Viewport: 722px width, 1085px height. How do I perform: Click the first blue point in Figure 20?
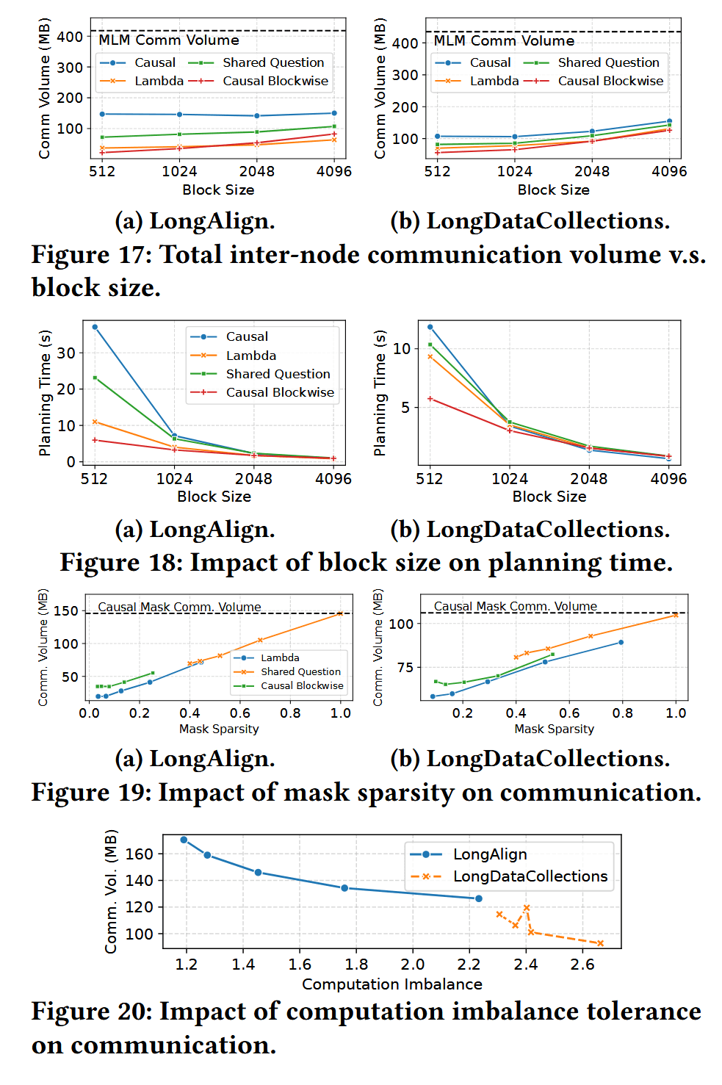click(x=184, y=840)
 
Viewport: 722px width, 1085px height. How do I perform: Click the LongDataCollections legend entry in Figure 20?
click(x=530, y=876)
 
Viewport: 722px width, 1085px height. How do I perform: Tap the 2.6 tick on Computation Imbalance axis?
click(x=582, y=965)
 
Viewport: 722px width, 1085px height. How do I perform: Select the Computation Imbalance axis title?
click(x=392, y=984)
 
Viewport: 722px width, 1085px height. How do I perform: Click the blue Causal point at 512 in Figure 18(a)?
click(x=95, y=327)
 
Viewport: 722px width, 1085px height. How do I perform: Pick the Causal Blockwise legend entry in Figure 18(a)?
click(x=279, y=392)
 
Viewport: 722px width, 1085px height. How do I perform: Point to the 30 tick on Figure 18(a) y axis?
click(x=66, y=353)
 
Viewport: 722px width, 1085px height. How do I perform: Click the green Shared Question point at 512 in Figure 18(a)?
click(x=95, y=378)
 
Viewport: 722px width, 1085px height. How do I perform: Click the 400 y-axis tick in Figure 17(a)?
click(x=70, y=37)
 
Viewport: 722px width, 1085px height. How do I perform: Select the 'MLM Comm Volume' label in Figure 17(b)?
click(x=504, y=40)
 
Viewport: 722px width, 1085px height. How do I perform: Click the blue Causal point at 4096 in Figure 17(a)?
click(x=334, y=113)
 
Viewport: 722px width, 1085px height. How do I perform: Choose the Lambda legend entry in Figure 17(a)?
click(x=159, y=81)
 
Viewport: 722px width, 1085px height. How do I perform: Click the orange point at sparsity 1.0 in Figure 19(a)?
click(x=340, y=613)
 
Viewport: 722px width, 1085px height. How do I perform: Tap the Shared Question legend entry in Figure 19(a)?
click(x=300, y=671)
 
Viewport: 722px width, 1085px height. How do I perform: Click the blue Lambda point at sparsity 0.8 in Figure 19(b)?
click(x=621, y=642)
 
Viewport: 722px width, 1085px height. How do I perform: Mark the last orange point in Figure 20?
click(x=600, y=943)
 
